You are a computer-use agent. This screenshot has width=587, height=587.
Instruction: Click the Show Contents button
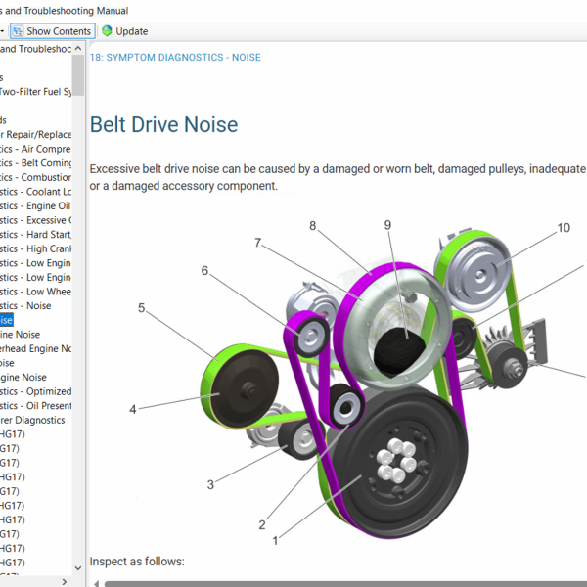pyautogui.click(x=53, y=31)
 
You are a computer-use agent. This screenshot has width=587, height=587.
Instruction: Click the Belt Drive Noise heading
pyautogui.click(x=163, y=125)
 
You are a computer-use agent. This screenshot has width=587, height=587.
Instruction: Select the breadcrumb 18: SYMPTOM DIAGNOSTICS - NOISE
pyautogui.click(x=175, y=58)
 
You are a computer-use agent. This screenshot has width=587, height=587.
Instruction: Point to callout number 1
pyautogui.click(x=276, y=539)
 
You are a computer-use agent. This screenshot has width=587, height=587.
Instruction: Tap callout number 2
pyautogui.click(x=262, y=524)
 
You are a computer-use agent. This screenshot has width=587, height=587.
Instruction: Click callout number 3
pyautogui.click(x=210, y=484)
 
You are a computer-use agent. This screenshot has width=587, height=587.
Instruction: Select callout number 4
pyautogui.click(x=133, y=409)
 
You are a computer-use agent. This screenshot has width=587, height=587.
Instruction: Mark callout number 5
pyautogui.click(x=141, y=308)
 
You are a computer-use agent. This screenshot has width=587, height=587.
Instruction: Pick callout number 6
pyautogui.click(x=205, y=271)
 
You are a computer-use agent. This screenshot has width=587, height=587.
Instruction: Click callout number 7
pyautogui.click(x=258, y=242)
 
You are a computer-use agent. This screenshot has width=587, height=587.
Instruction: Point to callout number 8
pyautogui.click(x=313, y=226)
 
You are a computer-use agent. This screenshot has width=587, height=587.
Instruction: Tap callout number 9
pyautogui.click(x=387, y=225)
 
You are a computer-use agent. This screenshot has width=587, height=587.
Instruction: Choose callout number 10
pyautogui.click(x=564, y=228)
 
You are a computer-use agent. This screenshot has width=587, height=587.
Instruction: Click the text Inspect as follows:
pyautogui.click(x=137, y=562)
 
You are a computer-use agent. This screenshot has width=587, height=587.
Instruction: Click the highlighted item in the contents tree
pyautogui.click(x=7, y=320)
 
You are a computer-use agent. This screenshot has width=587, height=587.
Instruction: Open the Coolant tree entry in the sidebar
pyautogui.click(x=35, y=192)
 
